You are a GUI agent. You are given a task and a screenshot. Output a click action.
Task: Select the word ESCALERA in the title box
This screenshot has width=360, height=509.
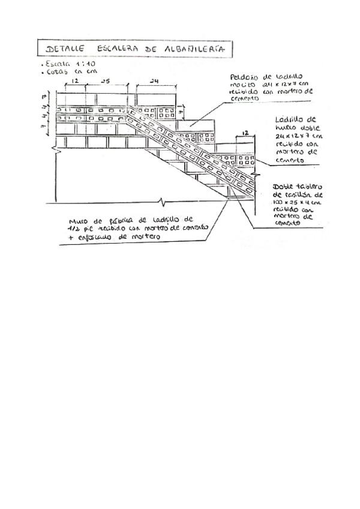(116, 48)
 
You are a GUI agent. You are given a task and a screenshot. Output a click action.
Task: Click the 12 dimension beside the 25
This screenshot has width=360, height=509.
(75, 80)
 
